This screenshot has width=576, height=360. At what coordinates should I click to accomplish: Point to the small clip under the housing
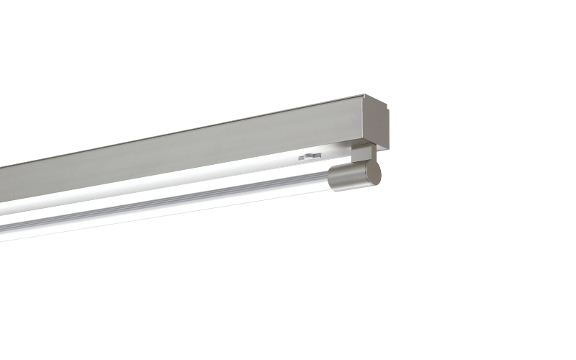310,155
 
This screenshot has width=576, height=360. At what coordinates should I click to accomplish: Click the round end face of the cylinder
373,174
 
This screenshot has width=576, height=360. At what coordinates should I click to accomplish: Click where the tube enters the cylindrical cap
330,179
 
